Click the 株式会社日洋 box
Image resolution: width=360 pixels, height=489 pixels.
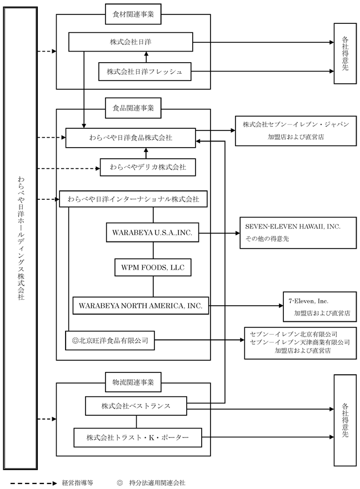point(131,42)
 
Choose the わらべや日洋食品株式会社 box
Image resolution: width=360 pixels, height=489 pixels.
point(131,138)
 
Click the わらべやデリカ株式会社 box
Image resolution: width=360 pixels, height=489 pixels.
point(148,167)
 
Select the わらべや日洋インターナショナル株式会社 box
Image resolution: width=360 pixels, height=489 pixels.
point(133,198)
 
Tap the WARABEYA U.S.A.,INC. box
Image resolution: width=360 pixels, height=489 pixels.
point(152,233)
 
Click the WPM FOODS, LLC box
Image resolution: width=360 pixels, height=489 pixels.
point(153,268)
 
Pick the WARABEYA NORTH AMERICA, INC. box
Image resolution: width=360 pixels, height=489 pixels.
point(141,305)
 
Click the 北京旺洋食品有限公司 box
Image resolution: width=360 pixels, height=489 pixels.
point(110,340)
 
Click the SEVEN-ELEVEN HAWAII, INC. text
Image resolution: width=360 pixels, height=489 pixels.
point(293,227)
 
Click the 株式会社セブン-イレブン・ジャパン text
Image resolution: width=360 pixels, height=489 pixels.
point(292,124)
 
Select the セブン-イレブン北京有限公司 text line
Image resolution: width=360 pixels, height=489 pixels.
point(294,334)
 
